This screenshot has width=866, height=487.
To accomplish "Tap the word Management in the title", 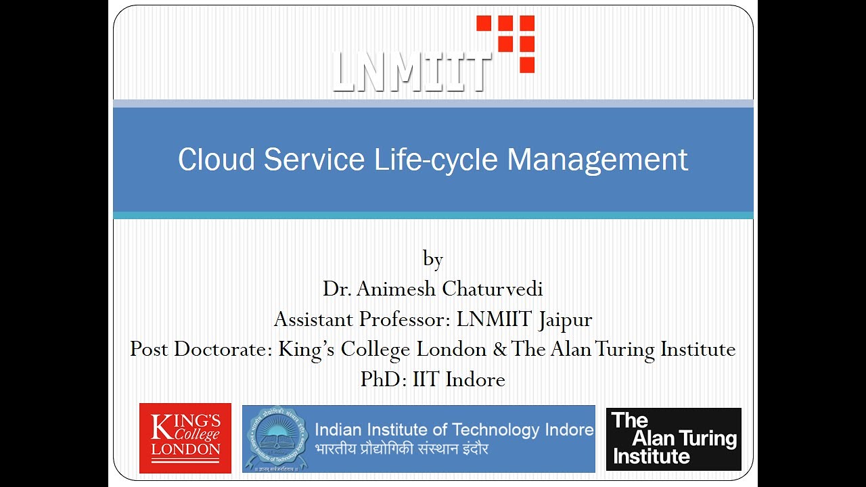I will coord(597,160).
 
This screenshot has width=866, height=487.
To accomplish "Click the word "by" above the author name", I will coord(433,259).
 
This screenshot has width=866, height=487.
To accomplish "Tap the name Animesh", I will coord(397,289).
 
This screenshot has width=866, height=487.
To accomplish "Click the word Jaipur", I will coord(566,319).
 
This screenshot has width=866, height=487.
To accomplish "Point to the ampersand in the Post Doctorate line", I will coord(500,349).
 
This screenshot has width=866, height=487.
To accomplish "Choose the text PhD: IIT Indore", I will coord(433,379).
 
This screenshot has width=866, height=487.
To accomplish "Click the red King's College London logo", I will coord(185,438).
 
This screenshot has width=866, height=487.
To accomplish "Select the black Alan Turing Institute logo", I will coord(673,438).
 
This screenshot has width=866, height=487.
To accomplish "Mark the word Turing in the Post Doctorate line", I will coord(623,349).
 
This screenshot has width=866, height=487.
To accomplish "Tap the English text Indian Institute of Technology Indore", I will coord(454,429).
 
